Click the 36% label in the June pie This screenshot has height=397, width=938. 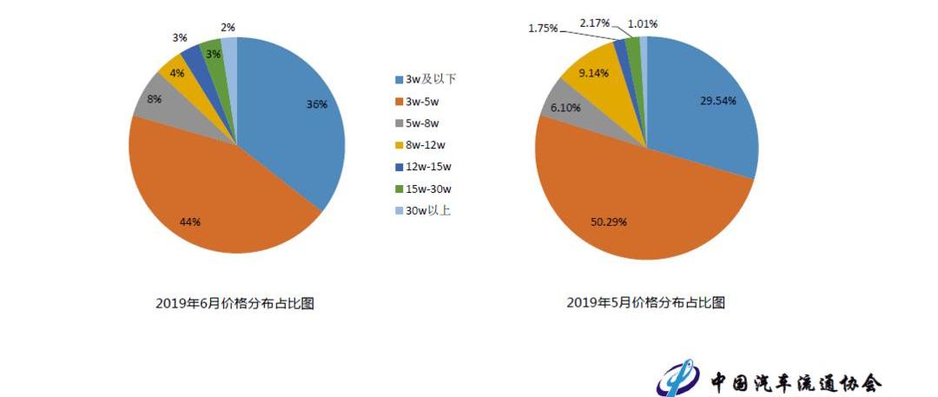tap(316, 105)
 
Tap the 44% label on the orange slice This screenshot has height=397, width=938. tap(190, 222)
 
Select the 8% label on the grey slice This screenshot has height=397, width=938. tap(153, 99)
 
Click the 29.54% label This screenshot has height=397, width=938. tap(718, 101)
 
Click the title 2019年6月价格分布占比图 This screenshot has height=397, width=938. tap(234, 303)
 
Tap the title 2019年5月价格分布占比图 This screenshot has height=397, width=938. tap(645, 303)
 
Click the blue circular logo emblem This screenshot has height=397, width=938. tap(679, 378)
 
